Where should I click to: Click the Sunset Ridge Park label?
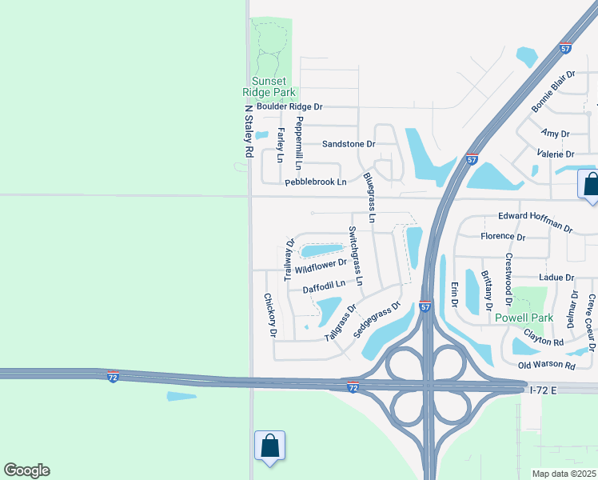(x=274, y=86)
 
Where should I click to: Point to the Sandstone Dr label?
(x=349, y=144)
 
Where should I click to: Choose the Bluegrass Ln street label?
(x=369, y=196)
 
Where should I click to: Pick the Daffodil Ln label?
(x=324, y=285)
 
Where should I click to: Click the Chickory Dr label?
(x=269, y=314)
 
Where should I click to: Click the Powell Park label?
(x=524, y=318)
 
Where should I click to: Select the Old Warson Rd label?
(x=547, y=366)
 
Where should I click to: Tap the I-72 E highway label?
(x=552, y=390)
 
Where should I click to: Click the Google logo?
(x=26, y=470)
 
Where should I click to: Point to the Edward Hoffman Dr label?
(x=535, y=222)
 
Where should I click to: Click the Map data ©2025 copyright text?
(x=564, y=474)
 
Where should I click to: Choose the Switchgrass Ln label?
(x=356, y=256)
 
